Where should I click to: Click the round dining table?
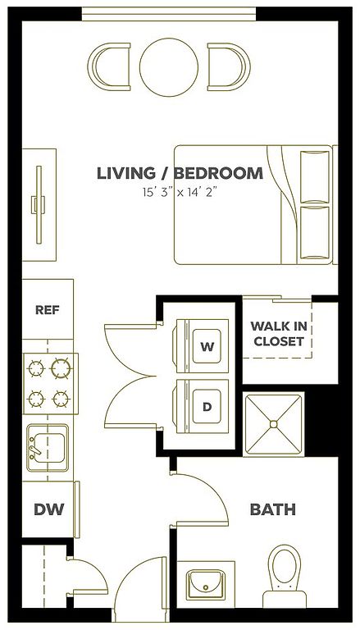(169, 67)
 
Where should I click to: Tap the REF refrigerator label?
(48, 310)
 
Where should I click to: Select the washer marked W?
(200, 346)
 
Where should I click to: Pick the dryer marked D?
(200, 407)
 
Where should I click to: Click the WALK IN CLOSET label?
(277, 334)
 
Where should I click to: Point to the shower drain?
(274, 424)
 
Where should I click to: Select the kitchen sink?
(48, 448)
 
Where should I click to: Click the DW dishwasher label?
(48, 509)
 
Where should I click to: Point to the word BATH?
(273, 509)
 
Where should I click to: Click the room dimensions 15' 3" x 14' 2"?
(180, 193)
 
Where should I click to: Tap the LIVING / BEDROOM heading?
(180, 173)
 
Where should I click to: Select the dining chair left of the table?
(109, 67)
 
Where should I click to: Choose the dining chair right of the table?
(229, 67)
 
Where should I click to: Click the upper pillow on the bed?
(315, 177)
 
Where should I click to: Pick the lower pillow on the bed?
(315, 233)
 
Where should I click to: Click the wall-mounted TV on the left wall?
(39, 205)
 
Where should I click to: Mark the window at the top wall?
(169, 14)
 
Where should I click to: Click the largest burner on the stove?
(61, 368)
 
